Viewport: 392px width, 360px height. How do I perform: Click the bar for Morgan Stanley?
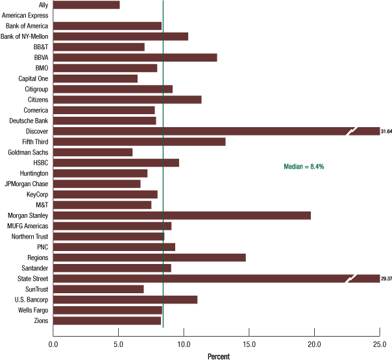coord(182,215)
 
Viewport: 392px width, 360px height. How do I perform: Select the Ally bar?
coord(86,5)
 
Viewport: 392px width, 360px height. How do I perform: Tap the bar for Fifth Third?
coord(139,141)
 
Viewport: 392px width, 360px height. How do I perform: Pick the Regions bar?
coord(149,258)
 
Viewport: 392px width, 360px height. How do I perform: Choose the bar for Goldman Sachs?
coord(93,152)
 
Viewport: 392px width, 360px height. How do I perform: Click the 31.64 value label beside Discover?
coord(386,132)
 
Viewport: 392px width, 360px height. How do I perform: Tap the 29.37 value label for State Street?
coord(386,279)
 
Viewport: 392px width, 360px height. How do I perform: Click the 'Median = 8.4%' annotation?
coord(304,167)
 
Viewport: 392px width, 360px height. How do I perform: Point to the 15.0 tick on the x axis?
coord(249,344)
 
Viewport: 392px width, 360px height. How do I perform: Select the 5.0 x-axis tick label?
coord(118,344)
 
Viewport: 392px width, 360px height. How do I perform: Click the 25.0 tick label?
coord(380,344)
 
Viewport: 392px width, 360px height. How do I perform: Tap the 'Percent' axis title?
coord(219,355)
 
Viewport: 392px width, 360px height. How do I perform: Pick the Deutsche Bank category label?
coord(29,121)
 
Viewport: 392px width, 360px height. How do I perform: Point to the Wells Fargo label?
coord(32,310)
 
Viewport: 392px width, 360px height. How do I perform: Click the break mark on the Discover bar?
coord(352,131)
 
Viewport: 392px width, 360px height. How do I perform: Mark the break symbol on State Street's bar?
coord(352,278)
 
